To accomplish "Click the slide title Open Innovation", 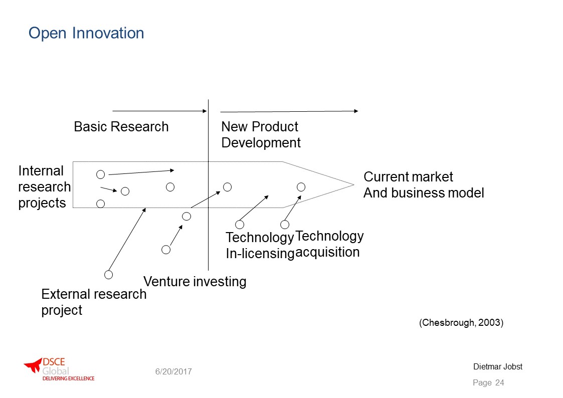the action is [x=86, y=33].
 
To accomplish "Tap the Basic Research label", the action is [x=121, y=127].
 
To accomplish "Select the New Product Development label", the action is [x=261, y=134].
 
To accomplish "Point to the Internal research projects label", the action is [x=45, y=186].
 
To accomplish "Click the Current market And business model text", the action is [x=424, y=185].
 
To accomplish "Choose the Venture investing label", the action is [x=195, y=281].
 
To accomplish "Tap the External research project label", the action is [x=94, y=302].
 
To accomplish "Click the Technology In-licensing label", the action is [x=260, y=246].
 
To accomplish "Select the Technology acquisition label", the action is [x=329, y=244].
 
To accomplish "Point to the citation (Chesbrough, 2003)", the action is [x=461, y=322].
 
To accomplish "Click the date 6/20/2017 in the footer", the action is [x=173, y=371].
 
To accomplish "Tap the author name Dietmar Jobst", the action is [x=498, y=366].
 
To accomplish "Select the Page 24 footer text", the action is [x=488, y=382].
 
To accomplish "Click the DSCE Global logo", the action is [x=59, y=369].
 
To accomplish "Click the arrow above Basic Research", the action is [x=160, y=111].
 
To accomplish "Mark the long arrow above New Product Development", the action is [x=289, y=111].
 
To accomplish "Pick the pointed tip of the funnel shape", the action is [x=353, y=185].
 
